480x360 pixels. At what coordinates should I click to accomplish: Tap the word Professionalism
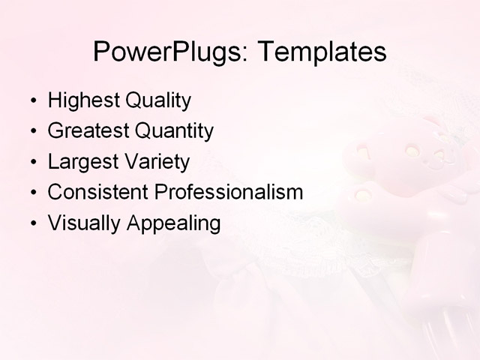point(228,192)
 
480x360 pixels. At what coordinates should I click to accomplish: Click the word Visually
point(78,223)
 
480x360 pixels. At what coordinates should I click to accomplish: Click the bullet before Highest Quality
point(31,101)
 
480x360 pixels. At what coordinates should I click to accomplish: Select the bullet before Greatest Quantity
point(31,132)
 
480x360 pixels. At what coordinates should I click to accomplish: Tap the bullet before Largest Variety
point(31,163)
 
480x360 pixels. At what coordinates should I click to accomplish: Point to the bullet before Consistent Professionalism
point(31,193)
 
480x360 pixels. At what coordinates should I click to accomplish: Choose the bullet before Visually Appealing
point(31,223)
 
